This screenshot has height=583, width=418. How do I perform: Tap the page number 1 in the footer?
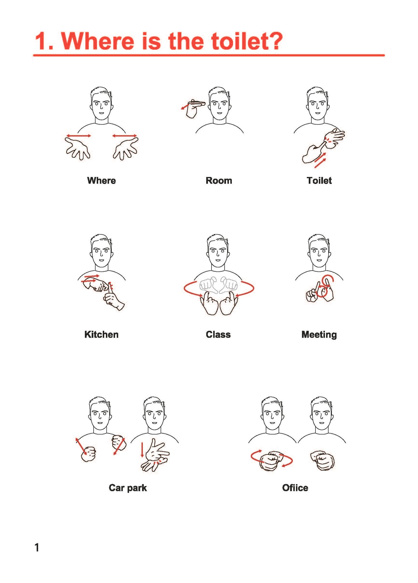coord(37,547)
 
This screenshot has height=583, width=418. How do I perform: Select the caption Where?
coord(101,181)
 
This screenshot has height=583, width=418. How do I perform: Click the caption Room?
coord(219,181)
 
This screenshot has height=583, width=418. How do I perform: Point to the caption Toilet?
coord(319,181)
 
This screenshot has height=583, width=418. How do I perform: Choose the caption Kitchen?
coord(101,334)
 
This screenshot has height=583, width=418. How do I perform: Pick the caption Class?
coord(218,334)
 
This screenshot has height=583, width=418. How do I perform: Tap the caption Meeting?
coord(319,335)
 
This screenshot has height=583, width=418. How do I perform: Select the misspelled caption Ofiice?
coord(295,488)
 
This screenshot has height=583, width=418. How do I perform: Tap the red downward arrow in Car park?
coord(142,449)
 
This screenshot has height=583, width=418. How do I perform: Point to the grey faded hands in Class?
coord(218,285)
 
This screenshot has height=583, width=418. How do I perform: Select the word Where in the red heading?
coord(98,41)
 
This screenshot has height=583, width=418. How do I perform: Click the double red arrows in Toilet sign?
coord(320,160)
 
